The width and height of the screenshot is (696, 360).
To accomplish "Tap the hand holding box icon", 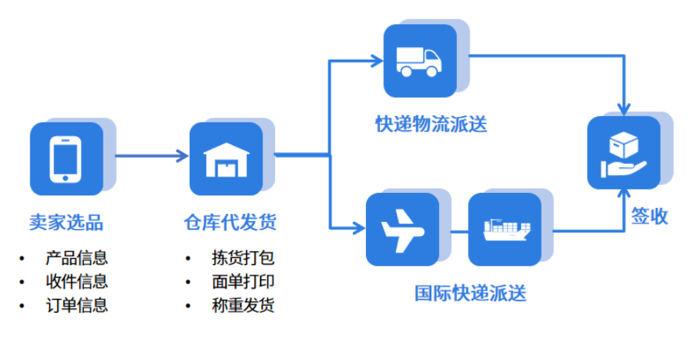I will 624,153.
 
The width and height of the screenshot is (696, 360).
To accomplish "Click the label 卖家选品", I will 66,223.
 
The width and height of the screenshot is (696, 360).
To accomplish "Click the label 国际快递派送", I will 470,294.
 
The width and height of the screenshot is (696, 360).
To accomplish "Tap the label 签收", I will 650,216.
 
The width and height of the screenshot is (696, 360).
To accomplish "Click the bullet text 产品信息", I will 77,257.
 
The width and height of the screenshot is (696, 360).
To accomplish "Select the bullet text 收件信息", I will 77,281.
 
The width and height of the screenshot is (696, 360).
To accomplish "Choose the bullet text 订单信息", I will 77,305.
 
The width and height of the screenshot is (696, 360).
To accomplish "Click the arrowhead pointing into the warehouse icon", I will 184,155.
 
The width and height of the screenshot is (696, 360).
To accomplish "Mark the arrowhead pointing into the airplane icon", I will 359,229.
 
